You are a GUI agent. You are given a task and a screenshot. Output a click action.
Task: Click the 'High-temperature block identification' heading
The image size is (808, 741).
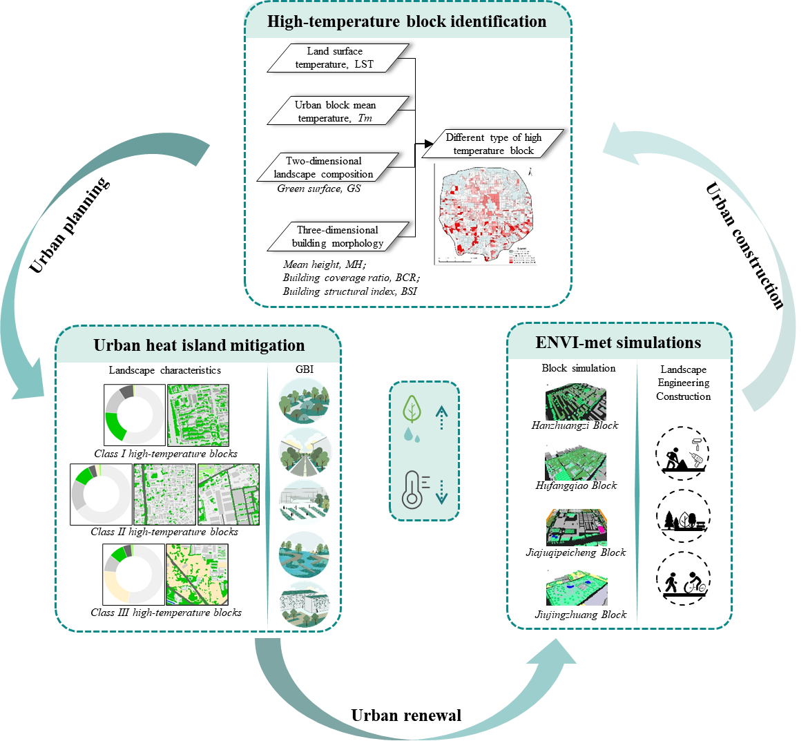(x=407, y=21)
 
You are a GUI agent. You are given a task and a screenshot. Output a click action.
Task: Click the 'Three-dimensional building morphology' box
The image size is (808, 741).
(x=338, y=236)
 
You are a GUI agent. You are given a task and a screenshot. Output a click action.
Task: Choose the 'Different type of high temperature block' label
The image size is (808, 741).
(x=493, y=144)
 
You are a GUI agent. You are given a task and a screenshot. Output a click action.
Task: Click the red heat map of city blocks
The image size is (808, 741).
(x=485, y=214)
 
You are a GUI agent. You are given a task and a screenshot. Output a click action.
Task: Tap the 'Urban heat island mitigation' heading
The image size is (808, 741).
(x=199, y=345)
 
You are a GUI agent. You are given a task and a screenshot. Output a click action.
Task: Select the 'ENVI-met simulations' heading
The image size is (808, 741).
(x=618, y=343)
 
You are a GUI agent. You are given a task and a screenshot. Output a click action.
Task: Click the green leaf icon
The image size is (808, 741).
(x=412, y=410)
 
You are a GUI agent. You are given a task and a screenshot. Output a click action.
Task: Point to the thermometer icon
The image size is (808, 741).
(x=413, y=489)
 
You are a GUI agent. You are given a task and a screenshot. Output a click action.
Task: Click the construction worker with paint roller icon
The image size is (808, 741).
(x=682, y=453)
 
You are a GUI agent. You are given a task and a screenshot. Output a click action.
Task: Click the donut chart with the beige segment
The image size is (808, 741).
(x=134, y=575)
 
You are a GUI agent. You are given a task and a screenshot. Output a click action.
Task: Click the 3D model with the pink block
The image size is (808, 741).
(x=577, y=527)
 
